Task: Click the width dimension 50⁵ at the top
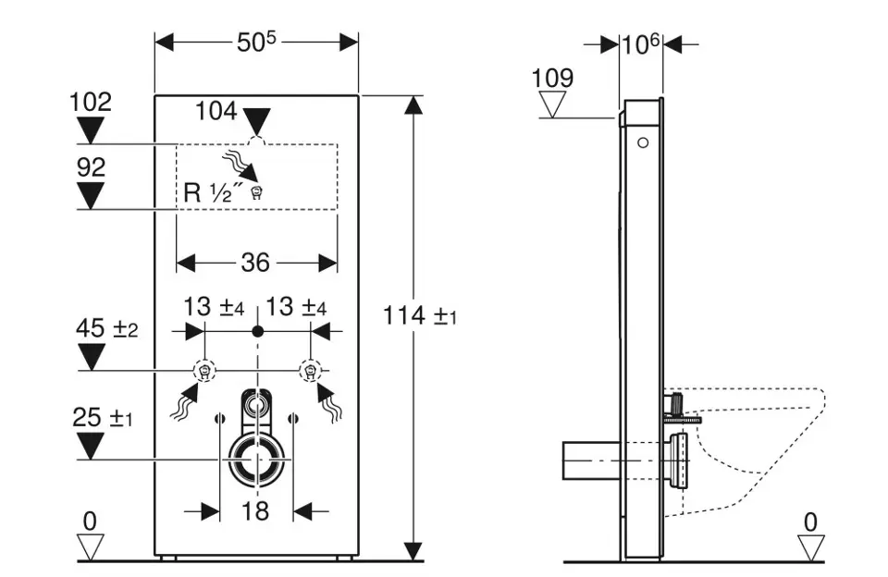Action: pos(257,42)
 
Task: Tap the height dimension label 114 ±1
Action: pos(420,316)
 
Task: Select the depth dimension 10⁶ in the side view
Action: pos(641,43)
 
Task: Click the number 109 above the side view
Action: pos(552,78)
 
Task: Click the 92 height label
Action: pos(91,167)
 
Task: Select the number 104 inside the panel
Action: pos(216,112)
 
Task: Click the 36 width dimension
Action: pos(255,264)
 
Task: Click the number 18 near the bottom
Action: pos(256,509)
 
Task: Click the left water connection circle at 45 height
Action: pos(204,372)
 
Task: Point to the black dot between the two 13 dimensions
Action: pos(257,330)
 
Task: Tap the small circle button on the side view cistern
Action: pos(642,144)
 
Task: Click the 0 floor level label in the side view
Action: pos(810,522)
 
